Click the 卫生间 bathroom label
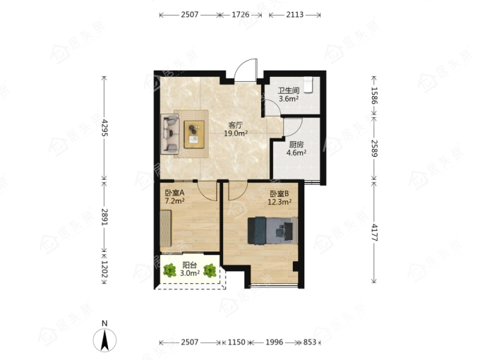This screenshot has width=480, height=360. [x=289, y=90]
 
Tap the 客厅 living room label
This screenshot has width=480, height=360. [x=236, y=125]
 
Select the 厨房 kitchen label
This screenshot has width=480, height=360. [x=296, y=145]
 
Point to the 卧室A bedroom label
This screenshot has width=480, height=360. [x=174, y=193]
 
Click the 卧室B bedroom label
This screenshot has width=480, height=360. [x=280, y=194]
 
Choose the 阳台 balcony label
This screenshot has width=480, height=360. [x=190, y=265]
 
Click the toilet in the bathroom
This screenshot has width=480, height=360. [x=307, y=85]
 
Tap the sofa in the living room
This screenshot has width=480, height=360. [x=170, y=134]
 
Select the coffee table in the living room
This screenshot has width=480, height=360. [x=194, y=134]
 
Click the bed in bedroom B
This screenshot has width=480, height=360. [x=272, y=231]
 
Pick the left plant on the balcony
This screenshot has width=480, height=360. [x=169, y=270]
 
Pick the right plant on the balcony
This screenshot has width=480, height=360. [x=210, y=270]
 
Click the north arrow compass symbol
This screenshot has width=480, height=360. [x=104, y=340]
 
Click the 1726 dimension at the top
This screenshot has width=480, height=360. [x=240, y=15]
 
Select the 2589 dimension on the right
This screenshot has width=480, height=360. [x=374, y=148]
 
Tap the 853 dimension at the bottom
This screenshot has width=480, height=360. [x=309, y=342]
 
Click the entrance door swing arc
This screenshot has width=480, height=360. [x=241, y=65]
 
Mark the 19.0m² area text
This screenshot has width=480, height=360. [x=236, y=133]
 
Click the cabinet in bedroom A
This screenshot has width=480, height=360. [x=166, y=228]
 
